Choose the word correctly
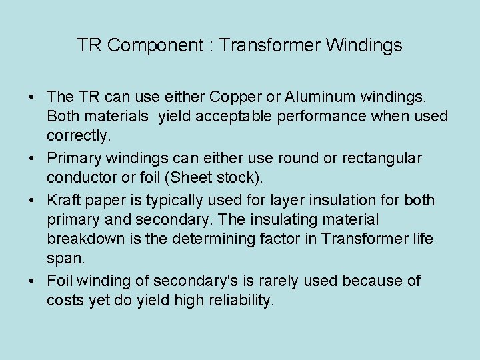(77, 136)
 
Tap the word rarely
(287, 281)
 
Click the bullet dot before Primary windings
(33, 159)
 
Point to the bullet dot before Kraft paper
(33, 200)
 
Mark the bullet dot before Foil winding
(33, 281)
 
